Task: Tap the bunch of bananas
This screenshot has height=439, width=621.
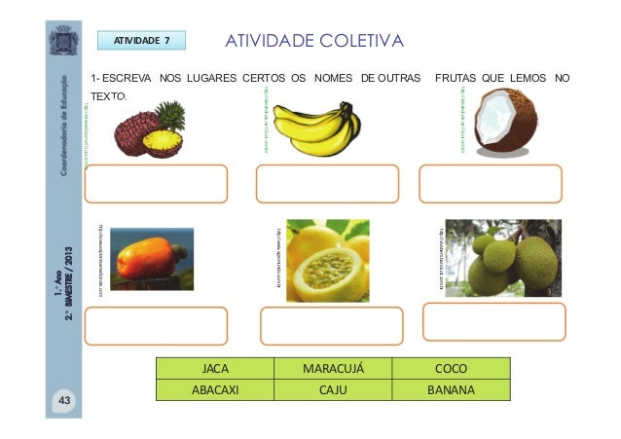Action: tap(315, 128)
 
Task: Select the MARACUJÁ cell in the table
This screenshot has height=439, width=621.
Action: tap(333, 370)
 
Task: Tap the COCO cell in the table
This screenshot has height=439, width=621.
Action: tap(451, 370)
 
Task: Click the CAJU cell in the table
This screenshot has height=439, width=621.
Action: tap(333, 390)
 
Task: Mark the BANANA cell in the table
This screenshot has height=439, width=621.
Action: tap(451, 390)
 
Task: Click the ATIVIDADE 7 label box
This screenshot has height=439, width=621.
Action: tap(142, 41)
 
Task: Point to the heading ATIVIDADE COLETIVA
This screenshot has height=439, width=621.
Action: tap(314, 41)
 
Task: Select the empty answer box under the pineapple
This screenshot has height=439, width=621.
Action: tap(157, 183)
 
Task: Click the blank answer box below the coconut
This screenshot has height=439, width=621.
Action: tap(490, 183)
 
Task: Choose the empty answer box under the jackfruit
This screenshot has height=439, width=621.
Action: tap(493, 321)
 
